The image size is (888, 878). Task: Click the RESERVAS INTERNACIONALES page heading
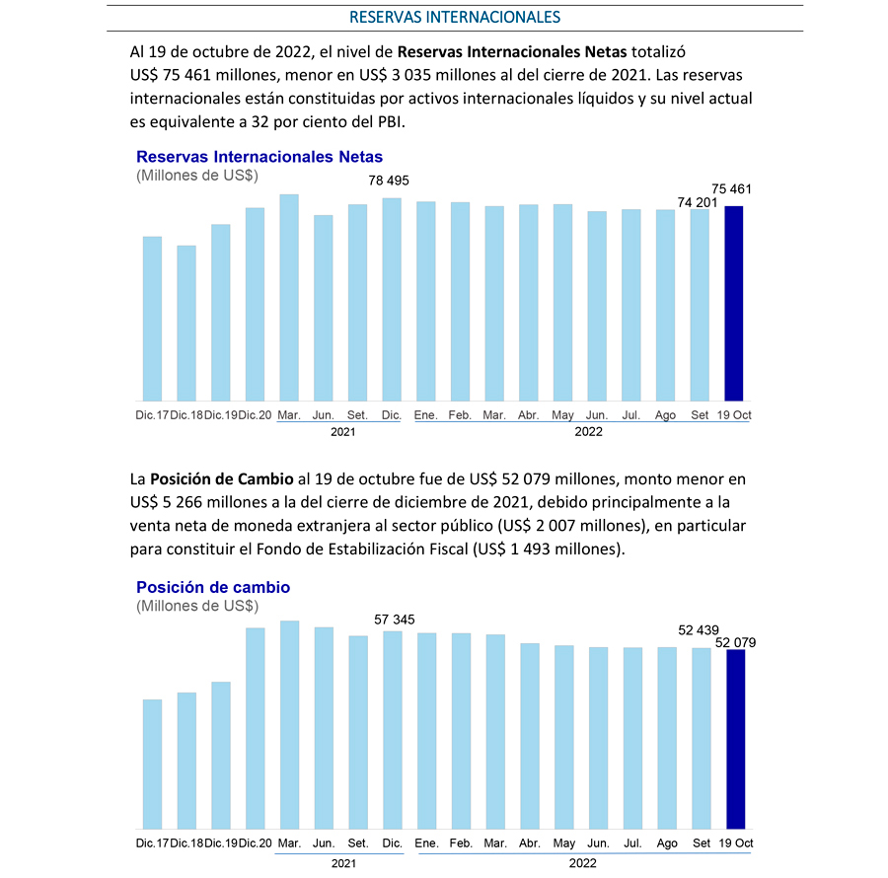(455, 17)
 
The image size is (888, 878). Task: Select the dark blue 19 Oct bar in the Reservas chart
(734, 304)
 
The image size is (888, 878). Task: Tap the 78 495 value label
(389, 181)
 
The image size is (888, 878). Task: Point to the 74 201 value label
(698, 202)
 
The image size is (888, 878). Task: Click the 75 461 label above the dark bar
(731, 189)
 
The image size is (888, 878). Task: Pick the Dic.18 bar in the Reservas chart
(186, 324)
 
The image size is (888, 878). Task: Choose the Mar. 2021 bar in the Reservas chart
(289, 298)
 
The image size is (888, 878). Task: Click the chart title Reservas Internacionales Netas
(259, 157)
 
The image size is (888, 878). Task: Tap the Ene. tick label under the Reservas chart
(426, 415)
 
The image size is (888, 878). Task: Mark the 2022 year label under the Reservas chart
(588, 432)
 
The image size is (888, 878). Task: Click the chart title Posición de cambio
(213, 587)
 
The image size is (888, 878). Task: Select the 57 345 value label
(394, 620)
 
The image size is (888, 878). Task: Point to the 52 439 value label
(699, 630)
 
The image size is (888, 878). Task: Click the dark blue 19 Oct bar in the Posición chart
(736, 739)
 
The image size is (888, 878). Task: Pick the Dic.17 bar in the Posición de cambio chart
(152, 765)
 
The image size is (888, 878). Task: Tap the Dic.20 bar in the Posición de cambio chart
(255, 729)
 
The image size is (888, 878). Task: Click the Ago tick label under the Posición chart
(667, 842)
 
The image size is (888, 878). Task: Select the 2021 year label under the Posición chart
(343, 863)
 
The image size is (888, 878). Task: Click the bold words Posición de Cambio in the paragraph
(221, 479)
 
